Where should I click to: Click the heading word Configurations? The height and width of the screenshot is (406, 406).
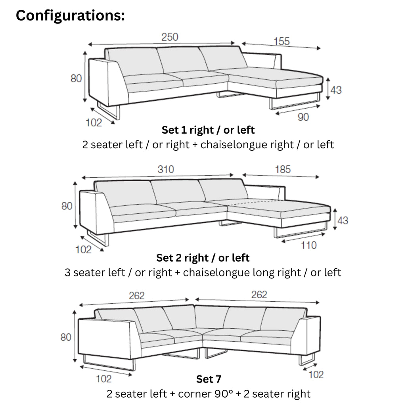tap(70, 15)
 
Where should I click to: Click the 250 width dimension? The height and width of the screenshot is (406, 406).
tap(170, 37)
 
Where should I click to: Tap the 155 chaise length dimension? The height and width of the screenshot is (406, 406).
tap(282, 41)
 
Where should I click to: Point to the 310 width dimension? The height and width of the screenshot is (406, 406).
tap(166, 169)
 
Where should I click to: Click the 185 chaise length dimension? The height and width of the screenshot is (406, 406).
tap(282, 169)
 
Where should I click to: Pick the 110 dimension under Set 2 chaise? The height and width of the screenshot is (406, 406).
tap(308, 245)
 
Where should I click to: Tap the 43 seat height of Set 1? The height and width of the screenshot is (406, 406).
tap(336, 90)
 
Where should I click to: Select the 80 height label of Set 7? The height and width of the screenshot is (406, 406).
tap(66, 337)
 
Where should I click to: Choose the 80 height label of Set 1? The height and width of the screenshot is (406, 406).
tap(76, 79)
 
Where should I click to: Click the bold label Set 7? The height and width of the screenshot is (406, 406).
tap(209, 379)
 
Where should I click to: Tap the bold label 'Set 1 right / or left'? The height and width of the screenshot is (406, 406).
tap(208, 130)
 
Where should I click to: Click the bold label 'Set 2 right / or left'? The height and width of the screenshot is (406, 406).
tap(203, 258)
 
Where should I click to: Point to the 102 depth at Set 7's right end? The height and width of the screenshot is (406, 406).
tap(316, 374)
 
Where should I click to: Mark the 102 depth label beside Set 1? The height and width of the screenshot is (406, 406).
tap(94, 123)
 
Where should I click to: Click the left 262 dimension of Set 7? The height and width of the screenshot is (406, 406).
tap(136, 296)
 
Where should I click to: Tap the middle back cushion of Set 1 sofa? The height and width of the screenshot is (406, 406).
tap(182, 59)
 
